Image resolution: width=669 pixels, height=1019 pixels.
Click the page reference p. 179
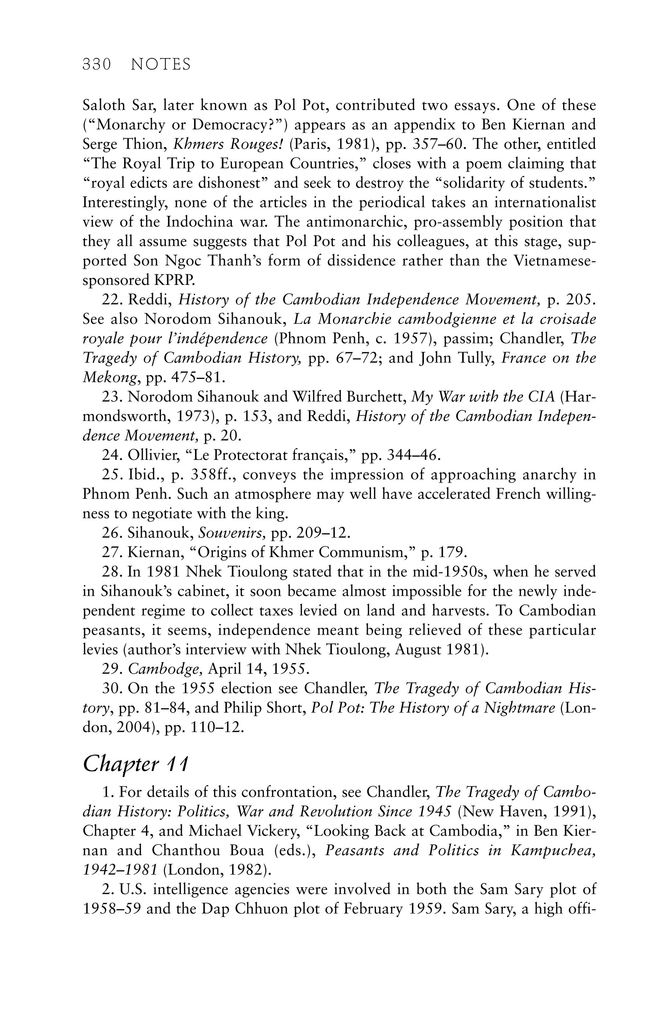[444, 553]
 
